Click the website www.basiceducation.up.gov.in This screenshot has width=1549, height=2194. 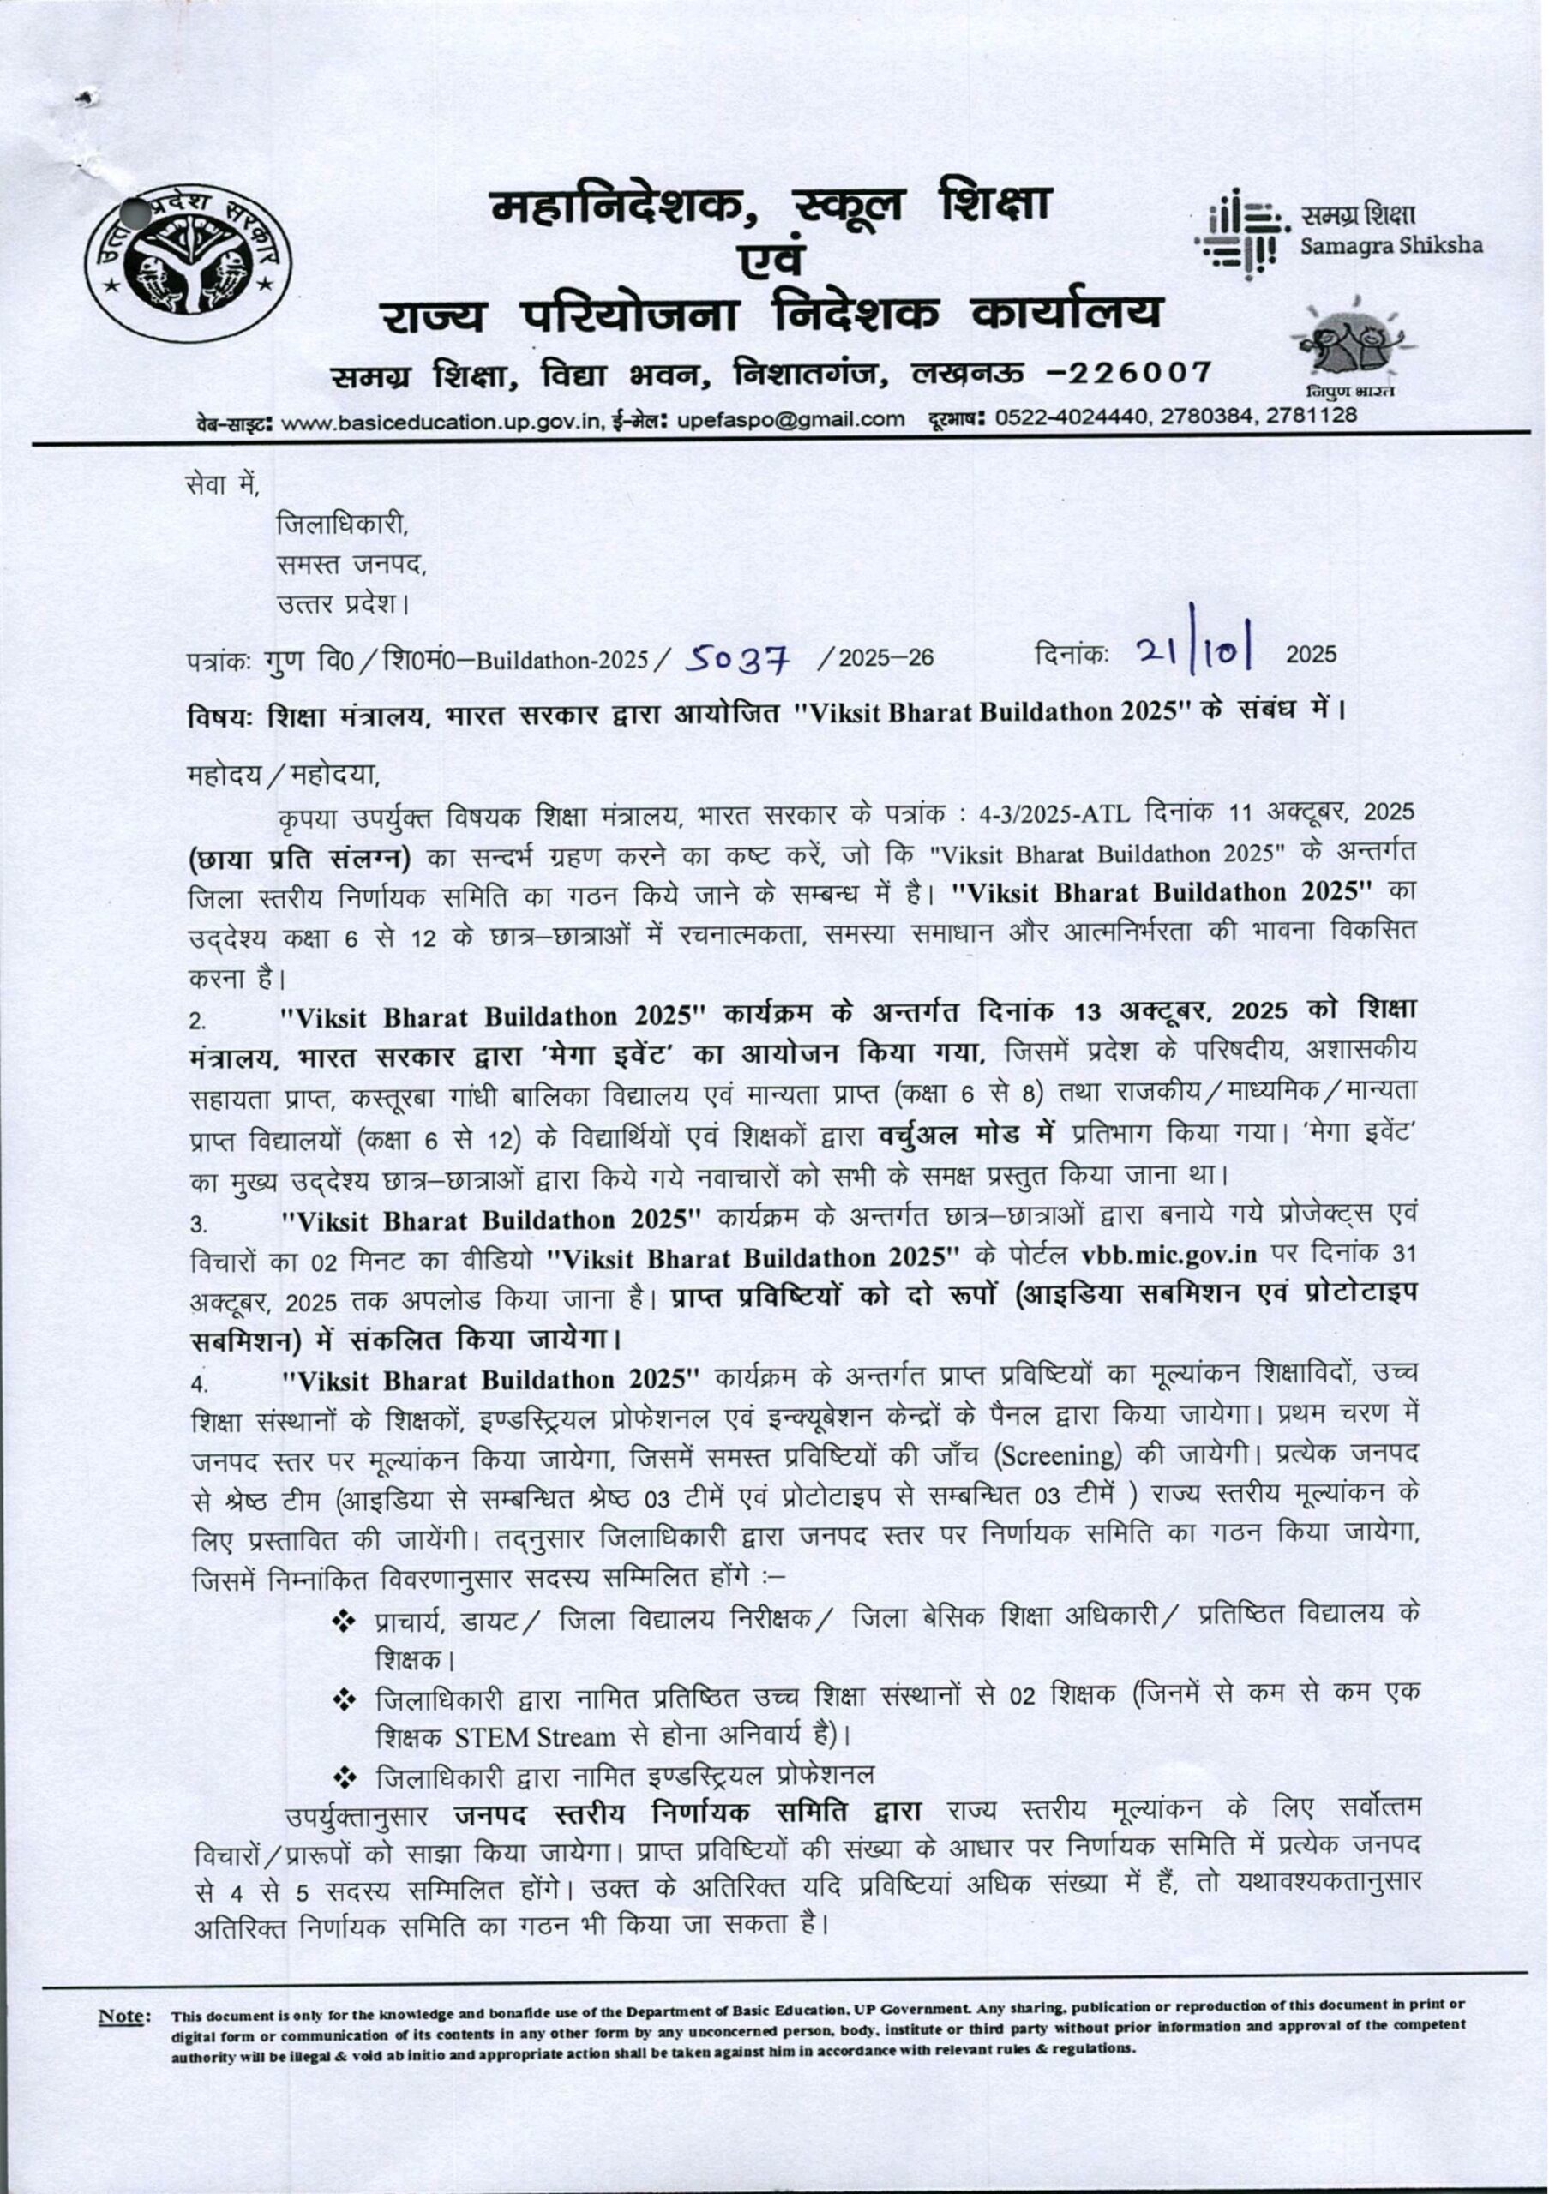point(443,417)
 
